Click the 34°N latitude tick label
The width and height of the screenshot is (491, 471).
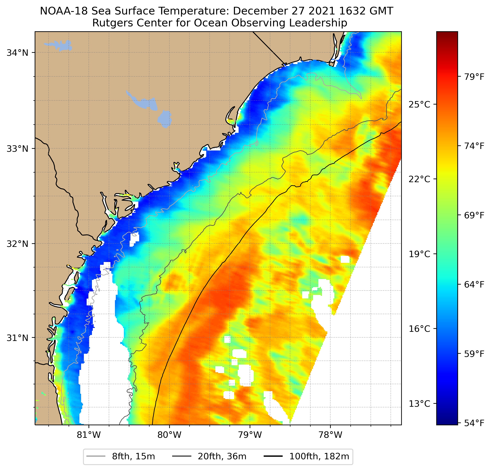pos(17,53)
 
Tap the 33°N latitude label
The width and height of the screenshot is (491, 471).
pos(17,149)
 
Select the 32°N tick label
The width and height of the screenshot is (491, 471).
pos(17,244)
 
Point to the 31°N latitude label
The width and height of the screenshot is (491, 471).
pos(17,338)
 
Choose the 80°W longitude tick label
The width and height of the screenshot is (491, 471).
pos(169,435)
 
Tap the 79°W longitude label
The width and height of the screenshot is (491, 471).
pos(250,435)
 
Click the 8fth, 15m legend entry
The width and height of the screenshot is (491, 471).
pos(133,457)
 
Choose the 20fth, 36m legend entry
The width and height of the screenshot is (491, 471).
pos(222,457)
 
